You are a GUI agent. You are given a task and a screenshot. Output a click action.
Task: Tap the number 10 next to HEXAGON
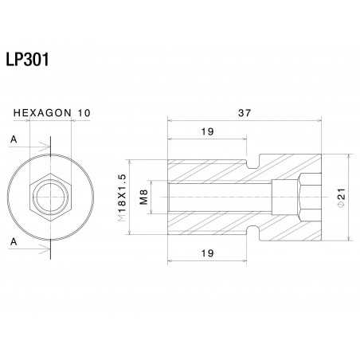(x=83, y=114)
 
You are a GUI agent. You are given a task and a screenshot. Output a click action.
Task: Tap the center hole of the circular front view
(x=49, y=195)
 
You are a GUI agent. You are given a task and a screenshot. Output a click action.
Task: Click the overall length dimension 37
(x=244, y=114)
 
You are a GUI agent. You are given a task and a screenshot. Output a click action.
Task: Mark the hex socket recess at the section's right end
(x=307, y=195)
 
